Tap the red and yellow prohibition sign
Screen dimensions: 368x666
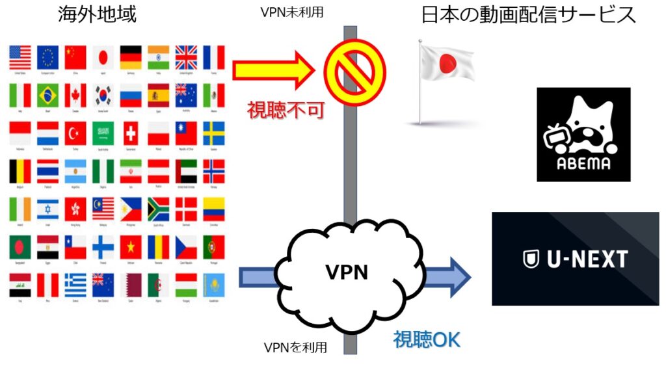[x=351, y=68]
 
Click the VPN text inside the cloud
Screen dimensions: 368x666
[x=346, y=272]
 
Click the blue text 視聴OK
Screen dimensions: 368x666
[x=426, y=340]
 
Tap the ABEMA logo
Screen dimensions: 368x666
[x=583, y=135]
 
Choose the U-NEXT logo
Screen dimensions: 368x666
[x=575, y=259]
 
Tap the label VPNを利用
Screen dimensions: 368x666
[x=295, y=348]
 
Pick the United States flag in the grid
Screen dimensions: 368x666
[x=20, y=58]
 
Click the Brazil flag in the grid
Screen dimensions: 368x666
[x=48, y=96]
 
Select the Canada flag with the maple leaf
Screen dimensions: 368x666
[x=75, y=96]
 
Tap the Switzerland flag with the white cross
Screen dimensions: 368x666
[x=131, y=134]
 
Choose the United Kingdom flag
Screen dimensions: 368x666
[x=186, y=58]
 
